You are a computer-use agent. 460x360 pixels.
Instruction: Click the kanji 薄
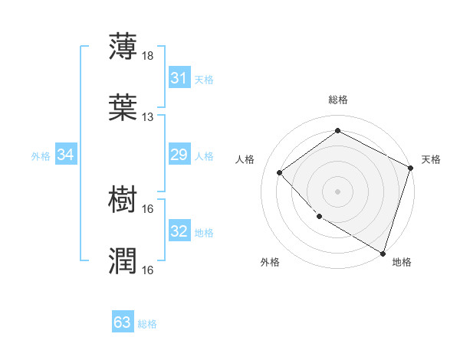(123, 46)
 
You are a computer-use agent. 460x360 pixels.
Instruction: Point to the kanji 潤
(123, 260)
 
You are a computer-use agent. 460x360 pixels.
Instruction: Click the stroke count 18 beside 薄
(147, 56)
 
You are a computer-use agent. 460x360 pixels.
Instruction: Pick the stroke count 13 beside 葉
(147, 117)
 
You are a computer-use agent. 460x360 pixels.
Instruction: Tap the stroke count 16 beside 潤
(147, 270)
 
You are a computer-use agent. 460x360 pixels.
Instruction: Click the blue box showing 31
(179, 78)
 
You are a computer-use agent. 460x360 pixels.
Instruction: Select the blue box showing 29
(179, 155)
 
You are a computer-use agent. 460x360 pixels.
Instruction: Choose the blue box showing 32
(179, 231)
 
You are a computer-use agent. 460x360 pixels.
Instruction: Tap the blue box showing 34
(66, 155)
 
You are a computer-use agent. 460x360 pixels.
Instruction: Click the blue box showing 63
(123, 322)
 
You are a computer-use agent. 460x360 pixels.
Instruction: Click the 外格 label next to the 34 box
(41, 155)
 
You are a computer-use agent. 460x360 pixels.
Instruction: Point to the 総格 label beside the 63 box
(147, 323)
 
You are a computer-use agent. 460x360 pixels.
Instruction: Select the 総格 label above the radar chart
(338, 100)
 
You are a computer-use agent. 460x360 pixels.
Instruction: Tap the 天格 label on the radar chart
(431, 159)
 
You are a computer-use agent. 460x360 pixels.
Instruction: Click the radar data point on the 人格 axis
(280, 172)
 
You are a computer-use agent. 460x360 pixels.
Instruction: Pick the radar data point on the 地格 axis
(383, 252)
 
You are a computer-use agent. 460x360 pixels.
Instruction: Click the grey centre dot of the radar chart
(338, 191)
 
